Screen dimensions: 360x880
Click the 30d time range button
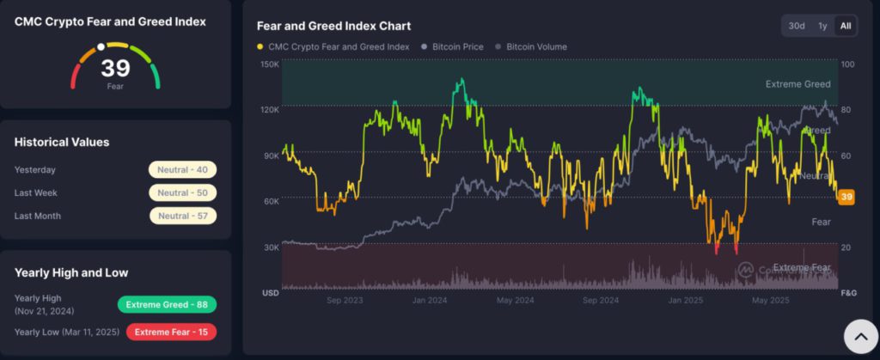[x=797, y=26]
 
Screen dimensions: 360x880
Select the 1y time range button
[x=822, y=26]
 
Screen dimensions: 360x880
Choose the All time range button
[x=846, y=26]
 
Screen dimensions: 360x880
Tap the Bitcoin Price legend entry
[x=456, y=46]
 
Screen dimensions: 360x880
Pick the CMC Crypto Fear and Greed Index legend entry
[x=336, y=46]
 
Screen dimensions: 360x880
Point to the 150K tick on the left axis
[x=269, y=64]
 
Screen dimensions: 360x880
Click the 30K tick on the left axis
[x=269, y=247]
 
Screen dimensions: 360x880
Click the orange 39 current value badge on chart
[x=846, y=197]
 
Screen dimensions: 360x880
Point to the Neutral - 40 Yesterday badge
[x=182, y=170]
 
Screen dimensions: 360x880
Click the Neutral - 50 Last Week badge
[x=182, y=193]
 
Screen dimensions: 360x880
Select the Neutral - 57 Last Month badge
[x=182, y=216]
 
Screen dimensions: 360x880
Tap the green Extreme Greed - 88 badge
[x=167, y=304]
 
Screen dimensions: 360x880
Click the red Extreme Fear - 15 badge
[x=171, y=331]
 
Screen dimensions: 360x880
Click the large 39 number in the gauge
[x=114, y=69]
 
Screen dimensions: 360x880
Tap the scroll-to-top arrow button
[x=859, y=337]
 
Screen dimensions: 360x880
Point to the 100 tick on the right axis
[x=847, y=64]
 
